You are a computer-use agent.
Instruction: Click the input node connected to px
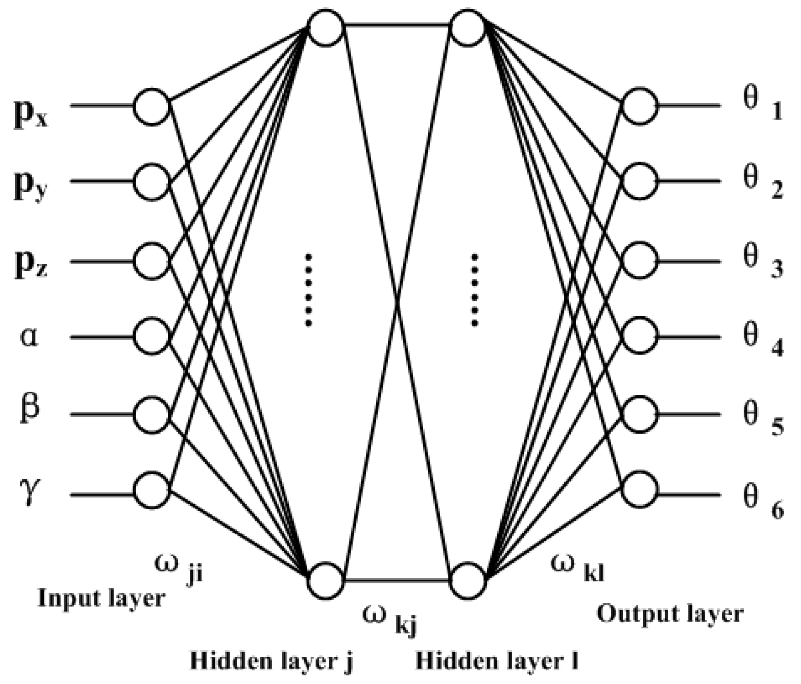tap(152, 106)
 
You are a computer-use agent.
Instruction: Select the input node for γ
tap(152, 490)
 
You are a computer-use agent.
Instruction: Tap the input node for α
tap(152, 336)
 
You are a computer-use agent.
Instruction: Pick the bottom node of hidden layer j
tap(326, 580)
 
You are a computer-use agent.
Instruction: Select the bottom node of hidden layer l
tap(467, 580)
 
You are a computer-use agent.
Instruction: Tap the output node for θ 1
tap(639, 106)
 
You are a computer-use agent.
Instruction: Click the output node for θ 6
tap(639, 490)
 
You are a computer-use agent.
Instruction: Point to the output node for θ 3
tap(639, 261)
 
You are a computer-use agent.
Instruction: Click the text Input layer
tap(101, 598)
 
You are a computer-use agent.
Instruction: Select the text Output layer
tap(670, 613)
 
